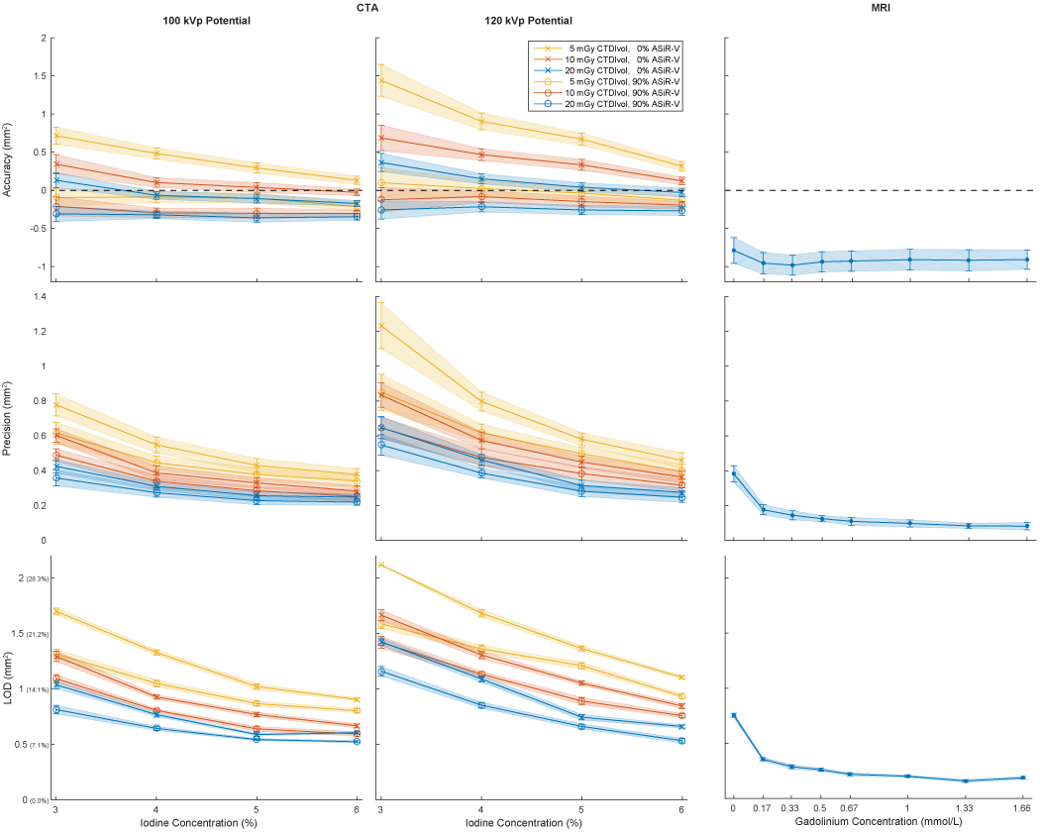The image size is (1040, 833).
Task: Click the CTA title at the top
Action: click(367, 7)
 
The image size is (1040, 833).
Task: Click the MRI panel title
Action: click(882, 7)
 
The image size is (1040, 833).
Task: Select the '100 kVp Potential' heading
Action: click(206, 21)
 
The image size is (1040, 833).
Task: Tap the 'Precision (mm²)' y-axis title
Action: click(9, 417)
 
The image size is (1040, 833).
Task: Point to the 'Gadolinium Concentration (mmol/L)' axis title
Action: click(881, 823)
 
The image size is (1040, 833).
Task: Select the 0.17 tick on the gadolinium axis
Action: click(763, 809)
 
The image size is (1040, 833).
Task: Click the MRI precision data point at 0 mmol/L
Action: click(734, 473)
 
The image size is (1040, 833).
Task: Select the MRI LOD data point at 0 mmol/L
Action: click(734, 715)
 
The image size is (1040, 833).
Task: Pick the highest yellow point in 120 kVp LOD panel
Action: click(380, 565)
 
